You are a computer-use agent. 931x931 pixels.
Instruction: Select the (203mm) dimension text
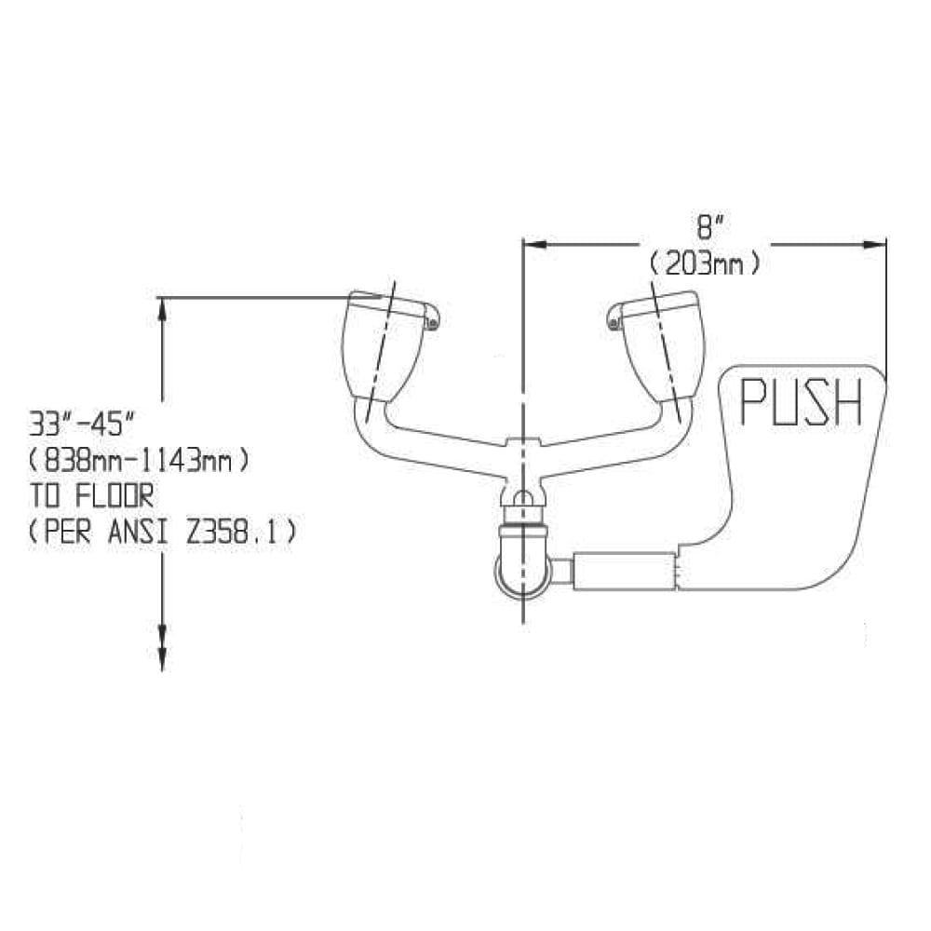(704, 263)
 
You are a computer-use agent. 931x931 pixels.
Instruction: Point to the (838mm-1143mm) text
(140, 460)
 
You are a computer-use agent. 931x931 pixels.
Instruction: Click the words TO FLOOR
(91, 496)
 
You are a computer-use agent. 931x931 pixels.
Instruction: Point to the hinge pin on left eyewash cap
(433, 323)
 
